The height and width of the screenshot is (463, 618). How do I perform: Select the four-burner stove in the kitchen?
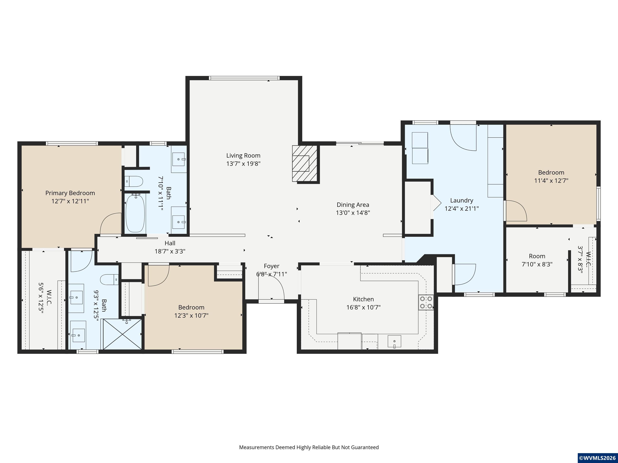point(426,302)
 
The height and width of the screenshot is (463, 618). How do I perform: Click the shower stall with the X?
point(122,334)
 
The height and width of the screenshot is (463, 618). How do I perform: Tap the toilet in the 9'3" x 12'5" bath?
point(109,279)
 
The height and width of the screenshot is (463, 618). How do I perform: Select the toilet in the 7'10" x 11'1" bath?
point(134,181)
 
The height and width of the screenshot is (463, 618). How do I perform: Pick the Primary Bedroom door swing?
point(111,223)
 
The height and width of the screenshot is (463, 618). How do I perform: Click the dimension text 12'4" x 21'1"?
point(461,208)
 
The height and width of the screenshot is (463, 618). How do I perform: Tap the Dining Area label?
point(353,205)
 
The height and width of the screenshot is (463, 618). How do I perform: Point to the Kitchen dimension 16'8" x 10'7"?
point(364,307)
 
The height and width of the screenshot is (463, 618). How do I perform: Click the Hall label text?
point(170,243)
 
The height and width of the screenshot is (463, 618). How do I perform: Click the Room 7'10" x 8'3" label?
point(537,260)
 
